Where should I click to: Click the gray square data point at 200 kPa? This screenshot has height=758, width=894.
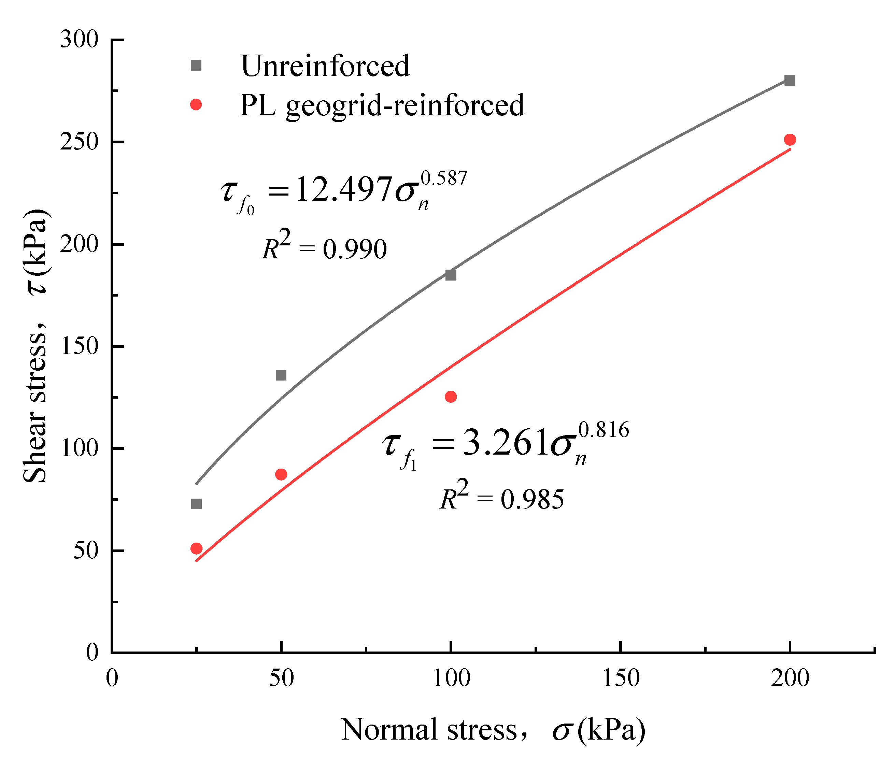coord(790,80)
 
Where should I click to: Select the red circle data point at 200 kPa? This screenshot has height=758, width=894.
coord(790,140)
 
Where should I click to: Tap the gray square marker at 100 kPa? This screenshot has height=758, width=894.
coord(451,275)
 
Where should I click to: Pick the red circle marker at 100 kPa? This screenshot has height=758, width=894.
coord(451,397)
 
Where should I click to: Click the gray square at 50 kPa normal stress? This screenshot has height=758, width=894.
coord(281,375)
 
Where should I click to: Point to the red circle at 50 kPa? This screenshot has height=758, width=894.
coord(281,474)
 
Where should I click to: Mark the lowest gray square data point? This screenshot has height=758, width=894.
coord(196,504)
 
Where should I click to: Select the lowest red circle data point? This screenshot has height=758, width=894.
coord(196,548)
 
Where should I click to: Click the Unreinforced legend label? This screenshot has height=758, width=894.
coord(325,66)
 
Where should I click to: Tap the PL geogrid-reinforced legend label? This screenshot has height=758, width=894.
coord(382,105)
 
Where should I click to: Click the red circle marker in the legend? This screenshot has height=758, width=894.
coord(196,104)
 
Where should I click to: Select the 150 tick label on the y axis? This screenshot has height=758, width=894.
coord(80,346)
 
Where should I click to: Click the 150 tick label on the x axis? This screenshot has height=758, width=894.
coord(621,678)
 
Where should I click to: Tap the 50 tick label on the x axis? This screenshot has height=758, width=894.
coord(281,678)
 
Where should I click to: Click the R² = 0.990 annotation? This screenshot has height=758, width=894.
coord(325,246)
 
